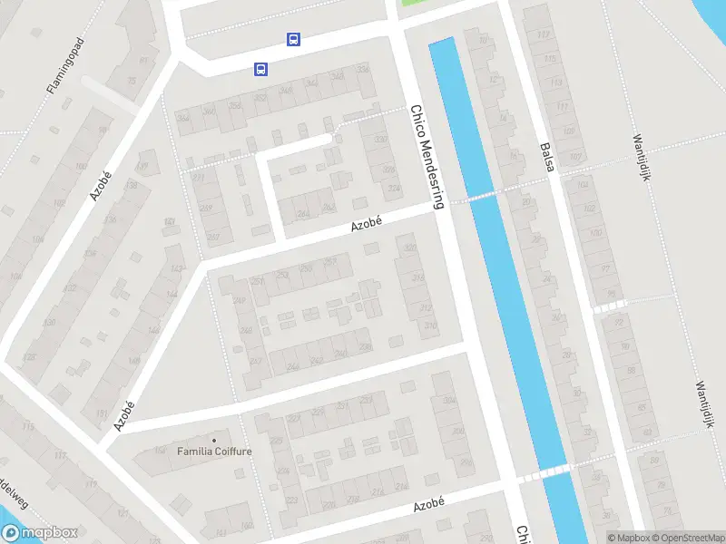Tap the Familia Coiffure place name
215,451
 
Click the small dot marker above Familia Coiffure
215,440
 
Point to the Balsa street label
545,159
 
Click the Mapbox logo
39,534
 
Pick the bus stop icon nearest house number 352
260,70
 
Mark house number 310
430,325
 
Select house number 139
142,165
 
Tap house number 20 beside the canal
526,202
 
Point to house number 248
240,301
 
